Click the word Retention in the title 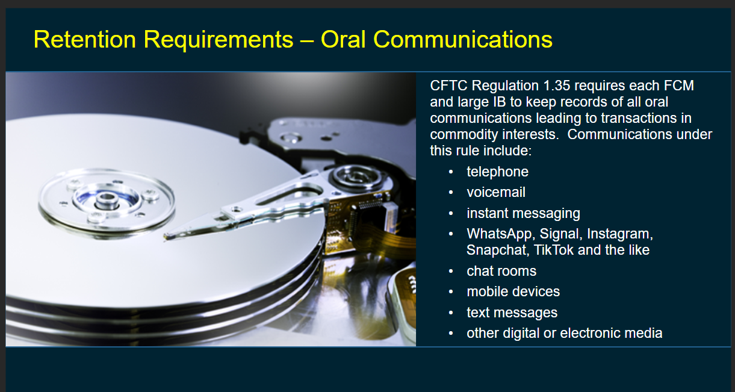(x=85, y=39)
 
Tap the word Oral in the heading (x=343, y=39)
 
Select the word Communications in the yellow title (x=463, y=39)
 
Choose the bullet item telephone (x=497, y=172)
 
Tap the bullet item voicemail (x=496, y=193)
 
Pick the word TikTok (x=554, y=250)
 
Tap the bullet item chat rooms (x=501, y=271)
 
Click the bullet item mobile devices (x=513, y=291)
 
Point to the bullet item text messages (x=512, y=313)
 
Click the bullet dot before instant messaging (x=451, y=214)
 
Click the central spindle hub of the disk (x=107, y=201)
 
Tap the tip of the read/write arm (x=166, y=237)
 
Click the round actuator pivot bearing (x=357, y=177)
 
